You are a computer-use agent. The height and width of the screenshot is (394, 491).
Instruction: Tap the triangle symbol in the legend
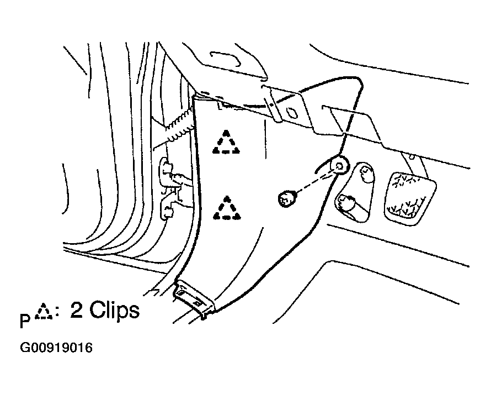coord(43,311)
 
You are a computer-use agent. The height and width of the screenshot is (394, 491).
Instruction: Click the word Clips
coord(115,311)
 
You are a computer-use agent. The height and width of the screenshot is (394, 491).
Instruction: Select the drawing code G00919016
coord(56,348)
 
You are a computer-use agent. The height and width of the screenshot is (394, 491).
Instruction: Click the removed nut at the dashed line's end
coord(286,199)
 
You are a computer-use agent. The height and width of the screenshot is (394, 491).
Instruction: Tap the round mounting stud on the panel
coord(340,165)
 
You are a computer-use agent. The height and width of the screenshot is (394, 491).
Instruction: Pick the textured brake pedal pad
coord(410,198)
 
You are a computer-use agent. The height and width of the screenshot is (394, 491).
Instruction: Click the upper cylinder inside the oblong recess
coord(366,173)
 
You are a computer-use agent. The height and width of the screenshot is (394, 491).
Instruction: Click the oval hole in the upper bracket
coord(292,113)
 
